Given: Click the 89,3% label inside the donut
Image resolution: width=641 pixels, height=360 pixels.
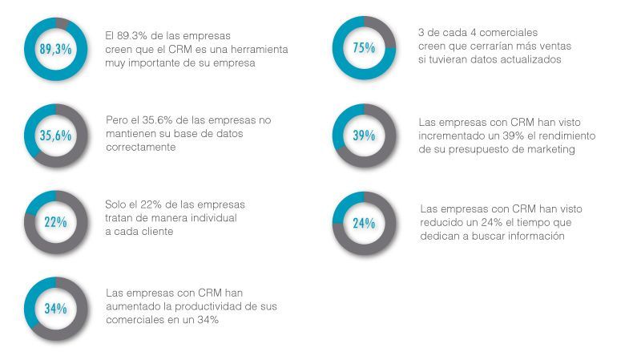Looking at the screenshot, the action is tap(55, 49).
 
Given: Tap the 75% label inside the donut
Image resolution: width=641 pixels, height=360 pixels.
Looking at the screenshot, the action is tap(364, 48).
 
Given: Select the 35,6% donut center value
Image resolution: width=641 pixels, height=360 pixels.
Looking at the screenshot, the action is tap(55, 136).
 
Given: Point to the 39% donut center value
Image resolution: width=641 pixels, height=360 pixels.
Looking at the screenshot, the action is tap(364, 136).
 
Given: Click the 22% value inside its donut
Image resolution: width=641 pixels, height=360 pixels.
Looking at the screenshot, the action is tap(55, 222).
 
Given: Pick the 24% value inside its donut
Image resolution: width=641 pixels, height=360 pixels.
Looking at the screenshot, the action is tap(364, 224).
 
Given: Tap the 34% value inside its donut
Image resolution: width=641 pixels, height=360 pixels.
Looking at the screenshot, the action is tap(55, 309).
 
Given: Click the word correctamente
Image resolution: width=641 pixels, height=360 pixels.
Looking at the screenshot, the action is tap(141, 148).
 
